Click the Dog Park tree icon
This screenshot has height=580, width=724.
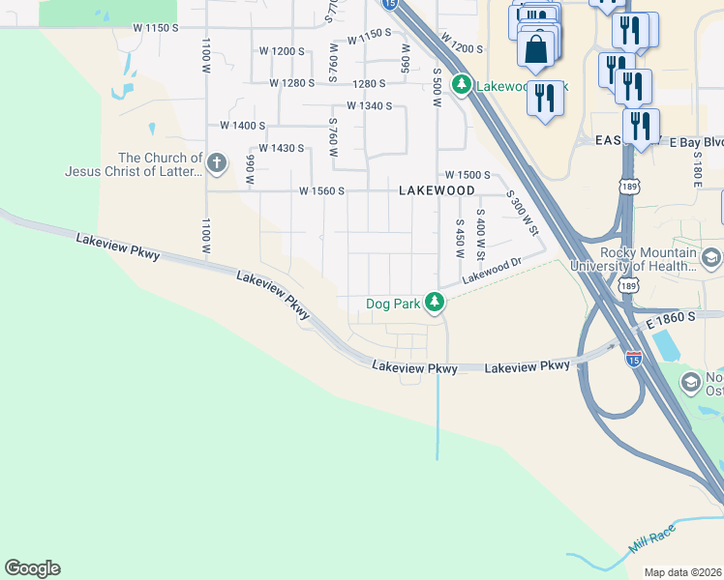[436, 303]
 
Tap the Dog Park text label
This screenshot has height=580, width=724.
[393, 304]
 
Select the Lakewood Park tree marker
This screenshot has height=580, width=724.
[463, 85]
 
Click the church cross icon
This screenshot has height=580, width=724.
[216, 162]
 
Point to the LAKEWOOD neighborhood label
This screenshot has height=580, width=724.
[437, 191]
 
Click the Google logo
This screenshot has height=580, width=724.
[32, 568]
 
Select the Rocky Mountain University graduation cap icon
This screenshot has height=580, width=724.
[711, 257]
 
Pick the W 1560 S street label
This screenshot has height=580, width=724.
[322, 191]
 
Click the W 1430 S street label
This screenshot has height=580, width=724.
[282, 148]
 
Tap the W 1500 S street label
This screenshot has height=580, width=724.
[468, 175]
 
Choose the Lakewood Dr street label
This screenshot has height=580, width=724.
[492, 271]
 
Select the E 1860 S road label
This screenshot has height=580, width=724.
[668, 317]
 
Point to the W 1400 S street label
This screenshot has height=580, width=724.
[243, 126]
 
